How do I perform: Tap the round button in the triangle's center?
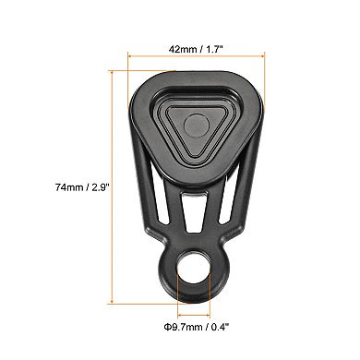(x=196, y=126)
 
